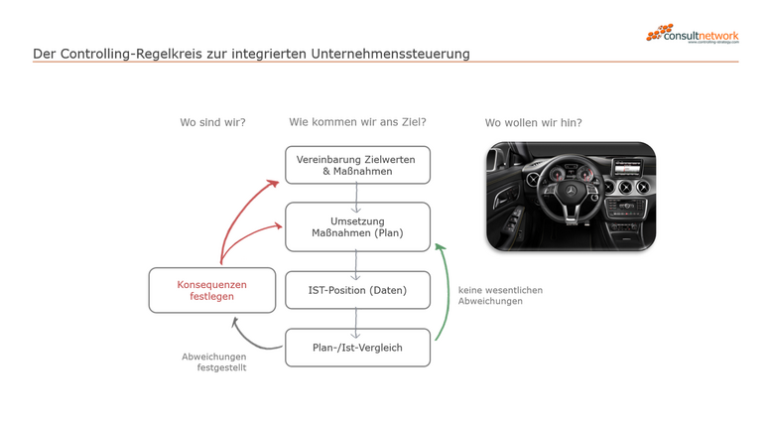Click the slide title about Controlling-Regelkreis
tap(251, 53)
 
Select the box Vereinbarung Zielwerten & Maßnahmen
tap(357, 165)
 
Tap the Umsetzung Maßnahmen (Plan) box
tap(357, 226)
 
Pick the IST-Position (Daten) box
tap(357, 290)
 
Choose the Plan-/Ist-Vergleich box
tap(357, 348)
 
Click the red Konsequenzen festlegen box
tap(211, 291)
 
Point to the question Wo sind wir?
tap(212, 123)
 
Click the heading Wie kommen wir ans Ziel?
tap(357, 123)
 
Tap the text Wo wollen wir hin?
tap(533, 123)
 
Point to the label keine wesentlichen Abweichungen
tap(500, 295)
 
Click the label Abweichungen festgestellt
tap(213, 361)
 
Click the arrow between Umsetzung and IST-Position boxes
tap(357, 261)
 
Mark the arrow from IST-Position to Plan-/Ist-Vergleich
tap(357, 319)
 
